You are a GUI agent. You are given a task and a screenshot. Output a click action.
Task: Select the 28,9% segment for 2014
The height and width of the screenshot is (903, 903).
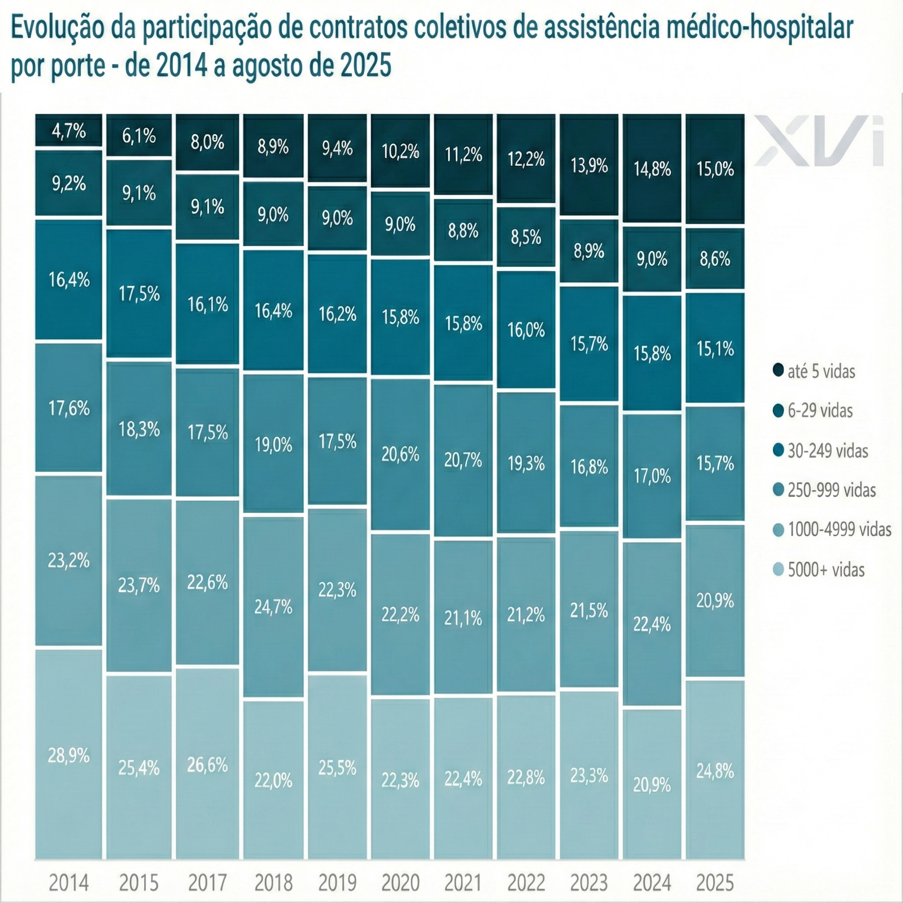coord(69,756)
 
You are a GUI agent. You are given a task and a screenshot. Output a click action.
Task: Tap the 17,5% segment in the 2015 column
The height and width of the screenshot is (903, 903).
coord(139,294)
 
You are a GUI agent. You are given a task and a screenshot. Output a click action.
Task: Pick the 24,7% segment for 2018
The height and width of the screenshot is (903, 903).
coord(273,607)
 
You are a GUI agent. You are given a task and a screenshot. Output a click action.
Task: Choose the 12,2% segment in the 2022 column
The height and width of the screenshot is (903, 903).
coord(526,159)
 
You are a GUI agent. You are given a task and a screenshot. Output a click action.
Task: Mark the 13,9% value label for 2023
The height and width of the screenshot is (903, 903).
coord(590,165)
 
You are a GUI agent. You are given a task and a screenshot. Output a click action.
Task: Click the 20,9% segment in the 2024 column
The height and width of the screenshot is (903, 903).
coord(652,785)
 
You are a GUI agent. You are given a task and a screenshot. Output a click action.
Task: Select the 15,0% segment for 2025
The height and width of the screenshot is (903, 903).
coord(715,168)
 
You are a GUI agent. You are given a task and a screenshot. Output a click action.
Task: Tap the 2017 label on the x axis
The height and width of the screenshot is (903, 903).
coord(208,882)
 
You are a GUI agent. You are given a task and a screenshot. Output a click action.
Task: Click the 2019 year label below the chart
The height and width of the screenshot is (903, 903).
coord(337,882)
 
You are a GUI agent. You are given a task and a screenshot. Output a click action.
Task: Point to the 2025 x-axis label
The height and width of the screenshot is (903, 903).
coord(715,882)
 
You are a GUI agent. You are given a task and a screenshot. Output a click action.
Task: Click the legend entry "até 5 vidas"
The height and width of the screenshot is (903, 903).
coord(821,372)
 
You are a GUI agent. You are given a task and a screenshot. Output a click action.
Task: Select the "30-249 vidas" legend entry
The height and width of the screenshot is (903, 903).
coord(827,451)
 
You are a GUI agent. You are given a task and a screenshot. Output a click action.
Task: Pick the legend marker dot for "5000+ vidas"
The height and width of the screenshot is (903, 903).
coord(778,570)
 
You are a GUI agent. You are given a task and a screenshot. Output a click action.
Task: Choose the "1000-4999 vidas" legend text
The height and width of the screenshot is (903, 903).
coord(840,530)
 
